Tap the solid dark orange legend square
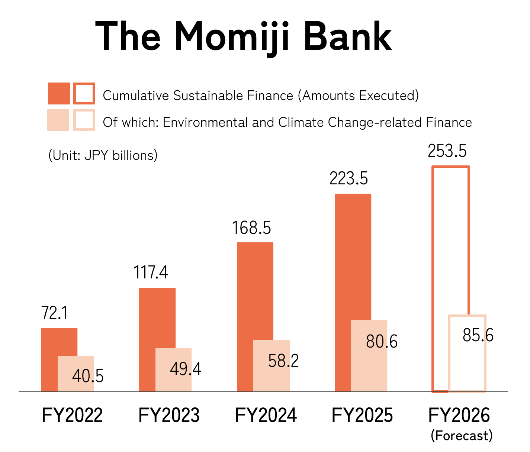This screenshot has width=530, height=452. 59,94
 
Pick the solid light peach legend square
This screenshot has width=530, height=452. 58,120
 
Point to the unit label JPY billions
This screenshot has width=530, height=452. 121,155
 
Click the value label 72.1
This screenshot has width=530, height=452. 55,313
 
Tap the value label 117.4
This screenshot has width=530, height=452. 151,272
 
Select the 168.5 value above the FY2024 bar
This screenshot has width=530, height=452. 251,227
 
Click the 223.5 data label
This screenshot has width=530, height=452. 349,178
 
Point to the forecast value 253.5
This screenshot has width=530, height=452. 447,151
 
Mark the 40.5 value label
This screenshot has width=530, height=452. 88,376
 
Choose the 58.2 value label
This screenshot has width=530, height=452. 283,361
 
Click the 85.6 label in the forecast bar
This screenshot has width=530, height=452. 478,335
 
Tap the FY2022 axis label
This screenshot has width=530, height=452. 72,415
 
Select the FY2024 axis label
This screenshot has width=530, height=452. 266,415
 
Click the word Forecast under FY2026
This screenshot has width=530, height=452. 462,436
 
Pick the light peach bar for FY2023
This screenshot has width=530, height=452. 174,370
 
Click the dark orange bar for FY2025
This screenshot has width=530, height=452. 353,256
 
